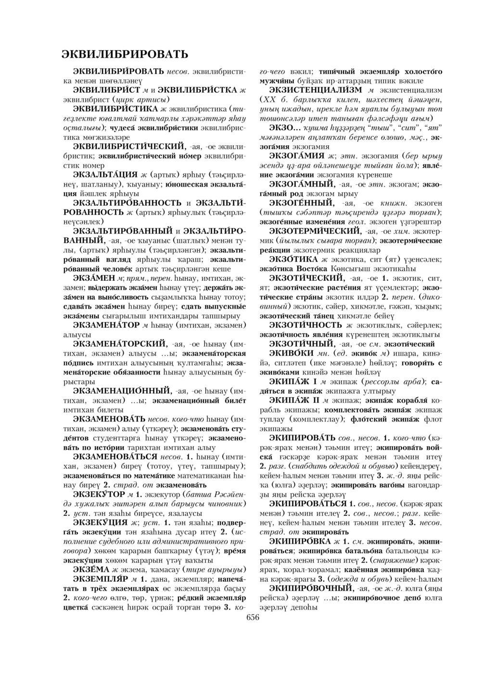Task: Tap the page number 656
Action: [x=253, y=617]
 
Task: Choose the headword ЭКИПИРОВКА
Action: [x=300, y=541]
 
